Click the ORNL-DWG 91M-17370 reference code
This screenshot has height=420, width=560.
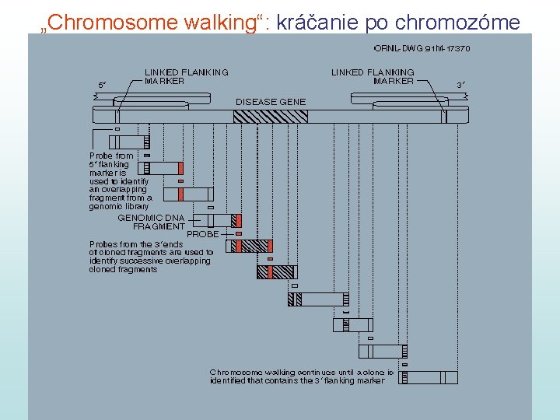click(422, 48)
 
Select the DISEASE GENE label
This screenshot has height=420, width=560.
click(271, 102)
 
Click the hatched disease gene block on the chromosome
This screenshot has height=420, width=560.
click(271, 116)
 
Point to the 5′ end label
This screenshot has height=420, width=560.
click(102, 84)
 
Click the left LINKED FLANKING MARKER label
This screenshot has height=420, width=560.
click(187, 76)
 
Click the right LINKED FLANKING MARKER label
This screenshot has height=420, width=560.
click(373, 76)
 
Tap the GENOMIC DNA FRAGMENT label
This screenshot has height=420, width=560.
click(152, 222)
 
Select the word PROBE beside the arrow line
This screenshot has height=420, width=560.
click(203, 233)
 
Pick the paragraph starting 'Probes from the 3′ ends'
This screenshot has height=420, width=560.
click(151, 257)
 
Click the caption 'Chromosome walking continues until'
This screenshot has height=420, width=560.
click(302, 376)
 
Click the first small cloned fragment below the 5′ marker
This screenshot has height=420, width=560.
click(128, 142)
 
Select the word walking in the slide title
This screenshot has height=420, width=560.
click(221, 23)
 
